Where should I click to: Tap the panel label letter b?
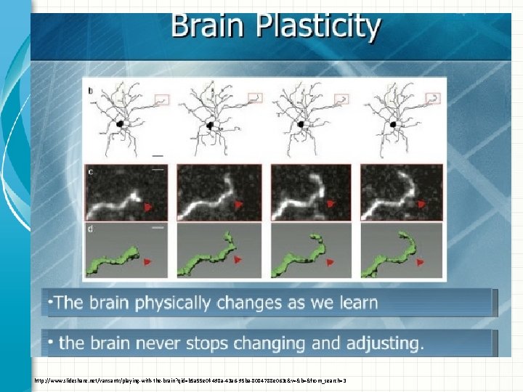[90, 91]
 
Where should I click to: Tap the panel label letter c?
[91, 172]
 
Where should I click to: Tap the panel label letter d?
[91, 231]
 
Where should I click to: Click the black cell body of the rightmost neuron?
[394, 126]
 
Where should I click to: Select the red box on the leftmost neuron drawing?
[161, 98]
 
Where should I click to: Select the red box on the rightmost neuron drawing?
[433, 98]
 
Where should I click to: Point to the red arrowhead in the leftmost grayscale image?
[148, 207]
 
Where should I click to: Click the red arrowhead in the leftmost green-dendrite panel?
[148, 261]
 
